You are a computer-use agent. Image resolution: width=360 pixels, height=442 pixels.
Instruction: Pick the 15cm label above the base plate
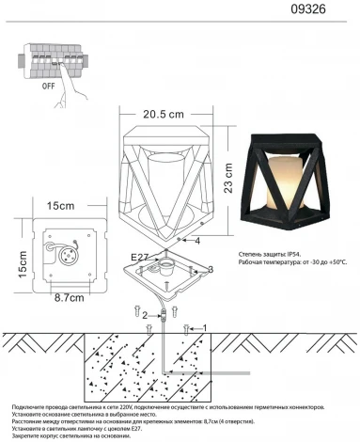(61, 205)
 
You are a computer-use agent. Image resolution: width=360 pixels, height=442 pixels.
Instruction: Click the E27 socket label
(139, 254)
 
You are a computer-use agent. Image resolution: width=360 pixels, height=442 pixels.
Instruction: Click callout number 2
(146, 317)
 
